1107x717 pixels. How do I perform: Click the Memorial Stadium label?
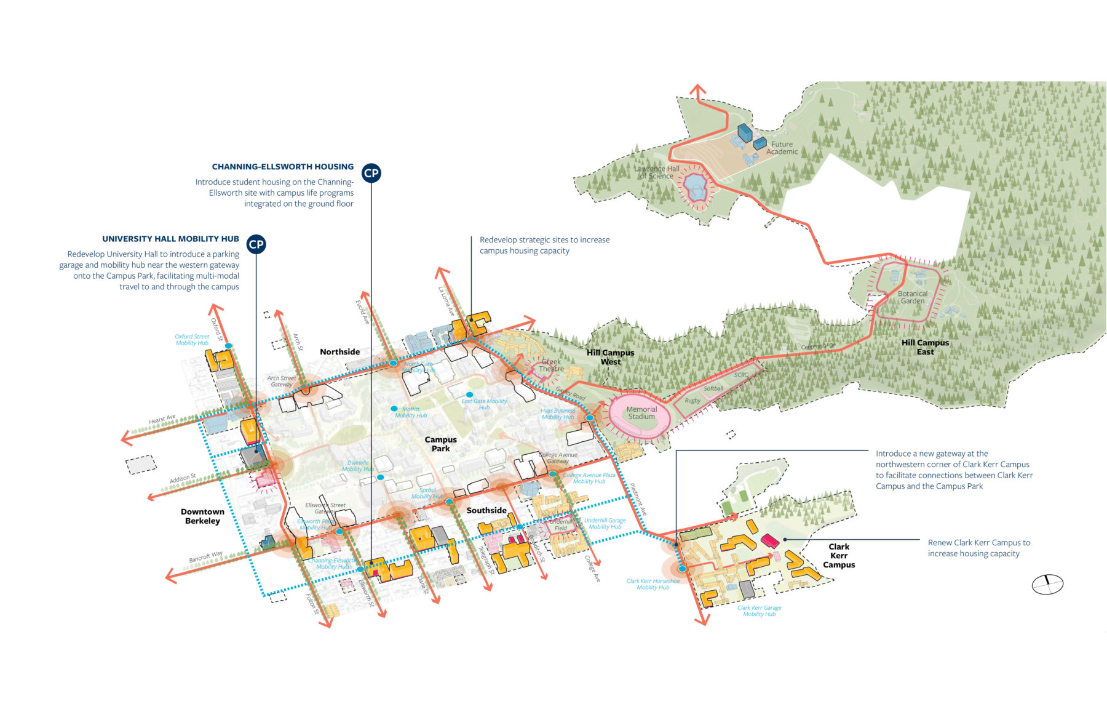[641, 413]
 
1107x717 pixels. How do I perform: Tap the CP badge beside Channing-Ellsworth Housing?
[371, 173]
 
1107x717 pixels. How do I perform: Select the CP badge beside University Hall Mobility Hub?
[256, 244]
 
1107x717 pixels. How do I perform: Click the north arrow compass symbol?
[1047, 584]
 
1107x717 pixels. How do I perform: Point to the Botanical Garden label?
[913, 297]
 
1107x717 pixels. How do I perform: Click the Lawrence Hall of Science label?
[657, 172]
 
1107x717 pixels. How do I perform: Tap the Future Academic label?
[782, 148]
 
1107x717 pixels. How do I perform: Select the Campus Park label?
[441, 444]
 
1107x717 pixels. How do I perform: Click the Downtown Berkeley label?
[202, 516]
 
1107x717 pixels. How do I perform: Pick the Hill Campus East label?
[925, 347]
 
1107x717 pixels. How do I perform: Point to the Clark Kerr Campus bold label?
[839, 555]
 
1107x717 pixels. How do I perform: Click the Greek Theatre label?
[551, 366]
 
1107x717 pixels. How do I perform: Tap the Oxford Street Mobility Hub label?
[192, 340]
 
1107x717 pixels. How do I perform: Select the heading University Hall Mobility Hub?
[170, 239]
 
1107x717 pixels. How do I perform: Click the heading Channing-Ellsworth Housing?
[282, 167]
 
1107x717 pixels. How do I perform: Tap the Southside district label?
[486, 510]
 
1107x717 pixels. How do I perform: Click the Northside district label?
[339, 352]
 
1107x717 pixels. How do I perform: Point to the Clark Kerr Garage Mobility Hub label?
[760, 611]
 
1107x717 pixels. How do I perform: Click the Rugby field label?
[692, 401]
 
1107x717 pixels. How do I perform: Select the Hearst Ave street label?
[162, 420]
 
